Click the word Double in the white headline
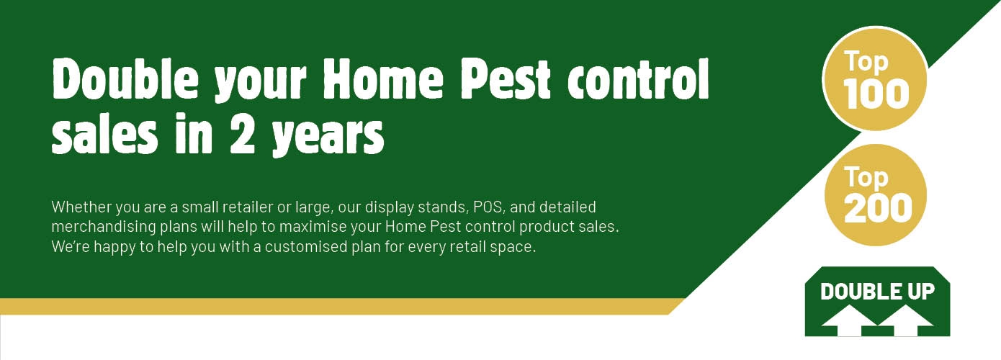[125, 79]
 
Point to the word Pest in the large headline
[506, 79]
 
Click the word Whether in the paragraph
[82, 207]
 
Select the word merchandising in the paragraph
[104, 227]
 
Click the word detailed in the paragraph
[567, 207]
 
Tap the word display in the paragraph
[389, 207]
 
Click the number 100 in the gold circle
[876, 94]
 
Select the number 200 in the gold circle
[878, 208]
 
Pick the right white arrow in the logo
[905, 320]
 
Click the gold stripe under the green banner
[340, 307]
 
